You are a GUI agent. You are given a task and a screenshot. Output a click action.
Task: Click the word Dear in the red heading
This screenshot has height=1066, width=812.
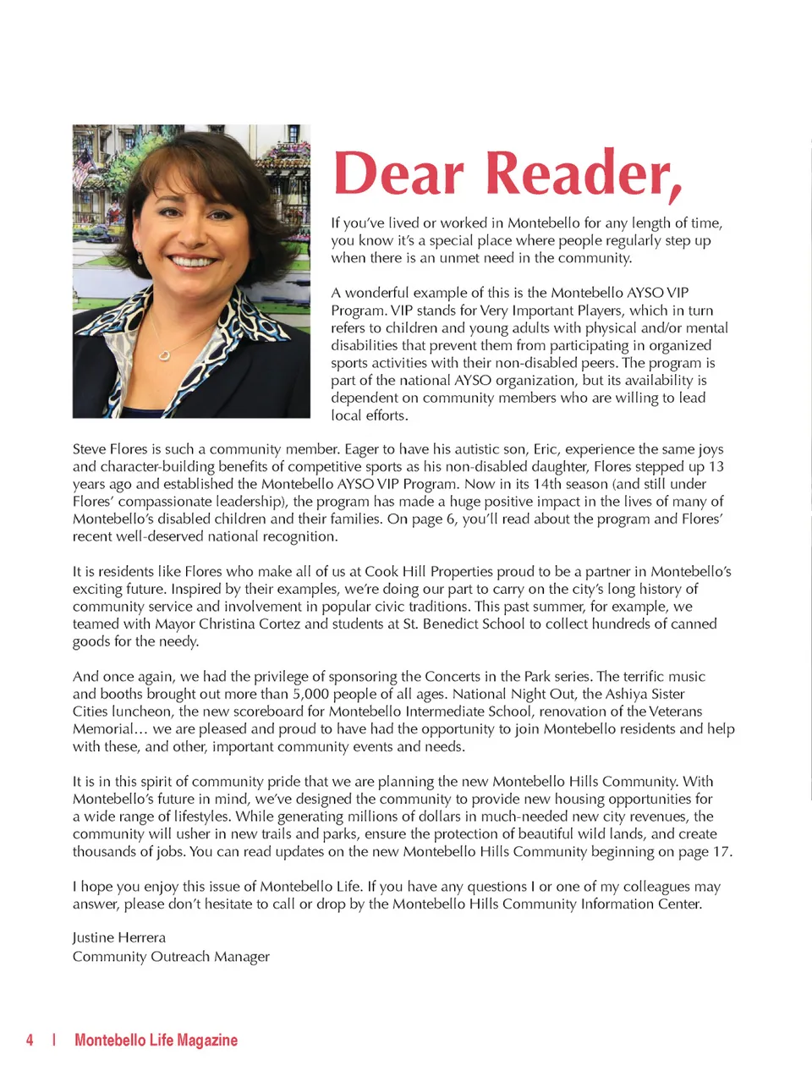[x=399, y=174]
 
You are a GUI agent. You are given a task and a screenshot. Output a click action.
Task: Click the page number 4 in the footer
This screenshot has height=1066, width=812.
[x=30, y=1040]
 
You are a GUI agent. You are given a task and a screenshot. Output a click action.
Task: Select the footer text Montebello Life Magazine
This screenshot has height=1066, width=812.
[x=156, y=1040]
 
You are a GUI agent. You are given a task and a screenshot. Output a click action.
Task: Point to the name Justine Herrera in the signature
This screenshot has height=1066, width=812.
[x=119, y=937]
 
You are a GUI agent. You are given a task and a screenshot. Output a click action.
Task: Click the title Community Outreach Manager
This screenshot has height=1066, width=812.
[x=171, y=956]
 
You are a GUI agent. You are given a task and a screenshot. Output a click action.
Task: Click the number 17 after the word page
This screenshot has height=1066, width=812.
[x=721, y=851]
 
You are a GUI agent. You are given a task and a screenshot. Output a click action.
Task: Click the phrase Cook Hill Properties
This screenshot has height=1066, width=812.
[x=440, y=571]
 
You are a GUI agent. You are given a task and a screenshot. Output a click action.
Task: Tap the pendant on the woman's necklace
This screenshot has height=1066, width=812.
[x=165, y=354]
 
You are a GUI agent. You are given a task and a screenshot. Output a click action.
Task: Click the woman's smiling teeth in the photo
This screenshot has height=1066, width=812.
[x=194, y=261]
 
